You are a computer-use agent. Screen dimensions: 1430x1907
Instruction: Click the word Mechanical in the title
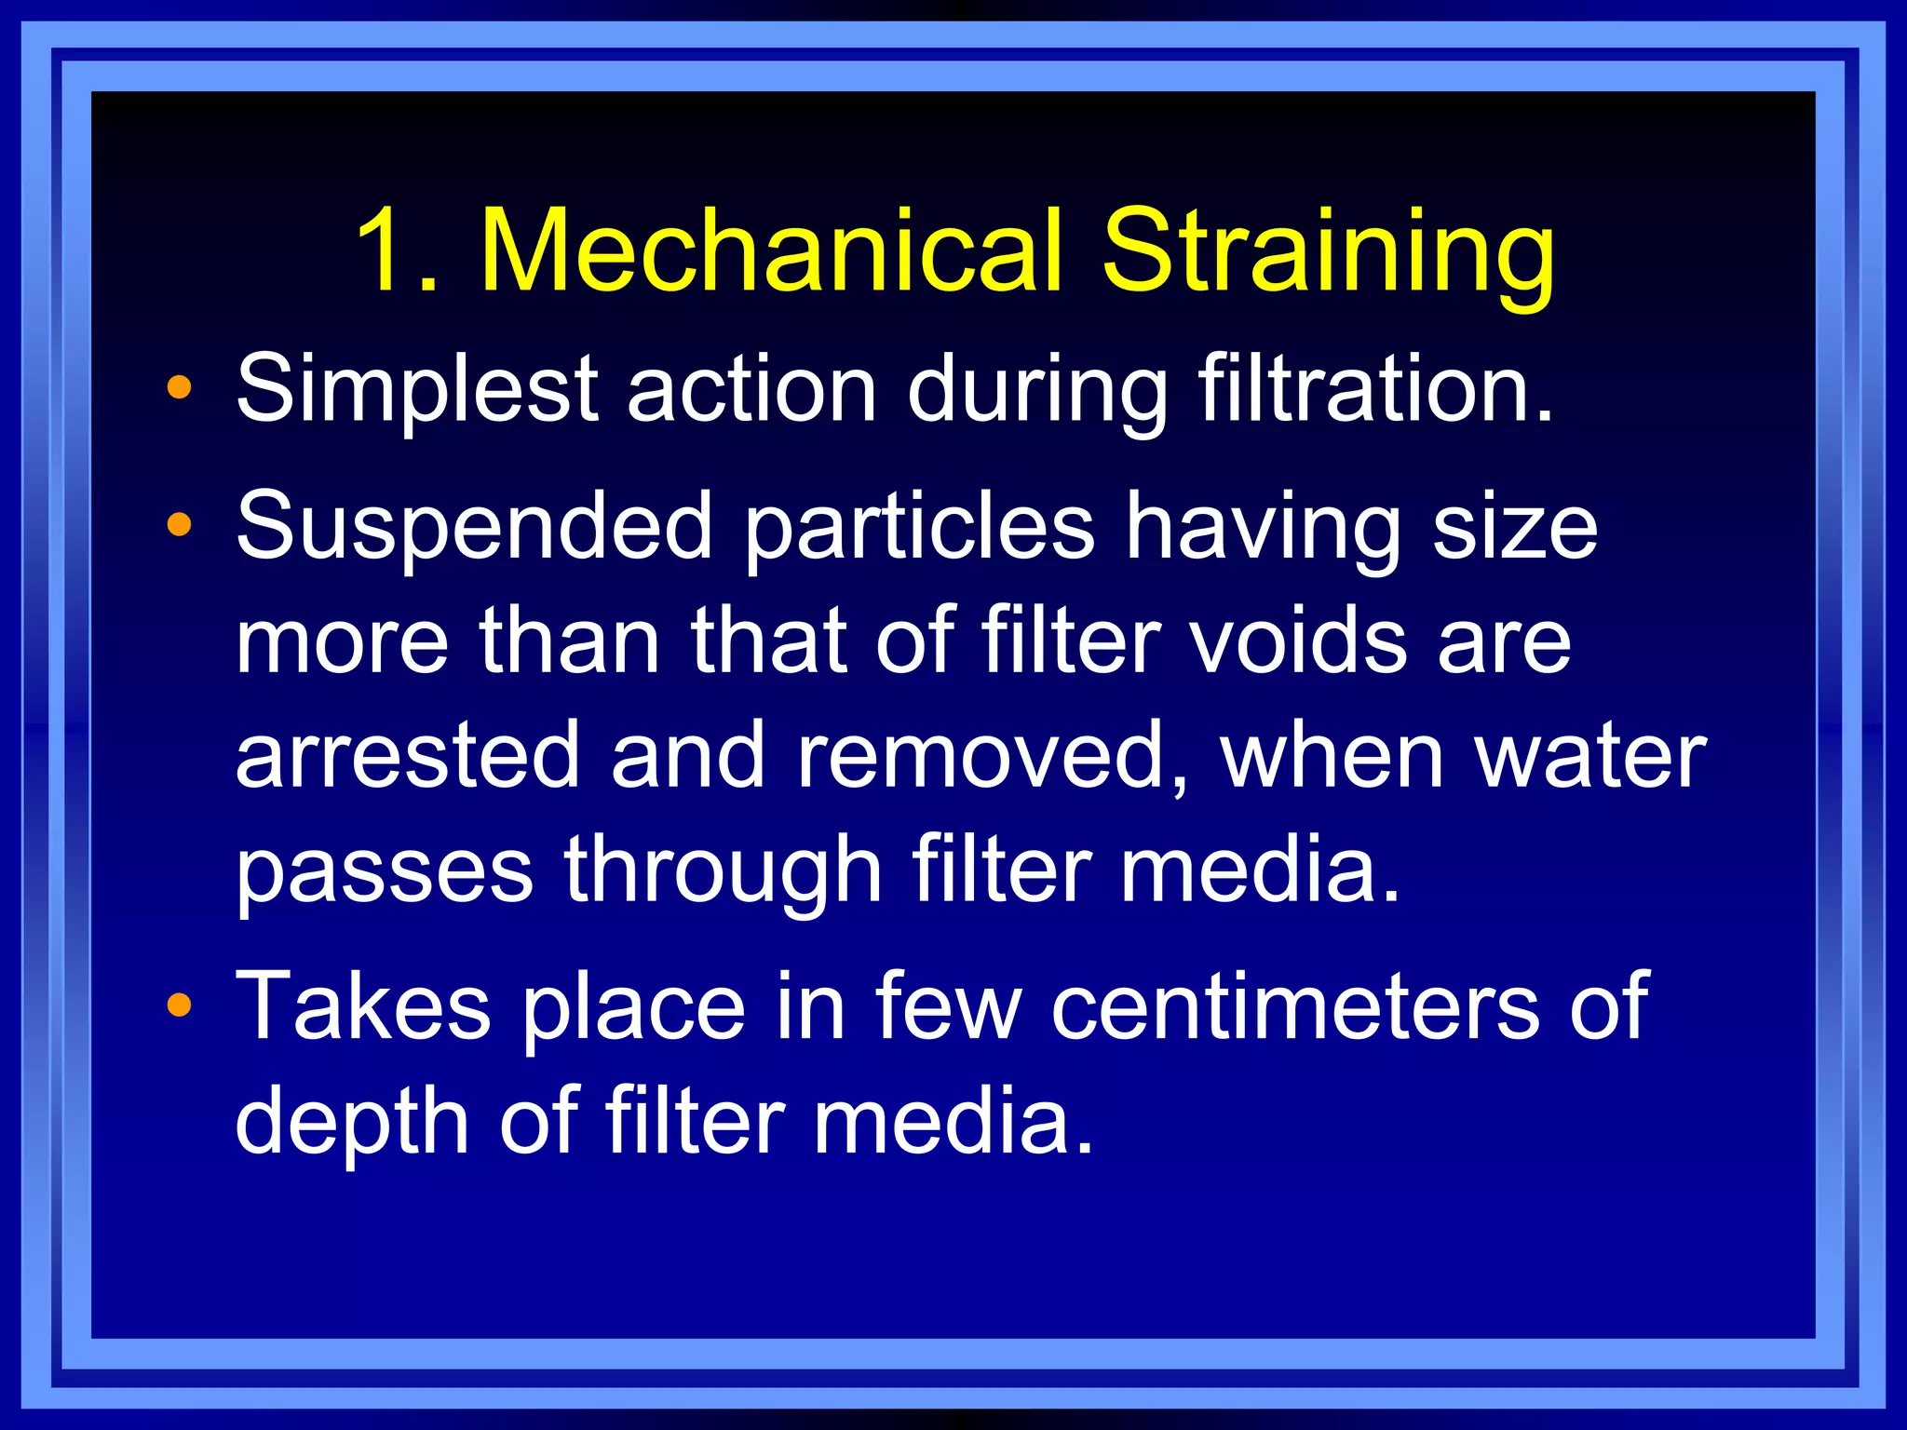pyautogui.click(x=771, y=251)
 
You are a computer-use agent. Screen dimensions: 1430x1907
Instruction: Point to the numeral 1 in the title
pyautogui.click(x=386, y=251)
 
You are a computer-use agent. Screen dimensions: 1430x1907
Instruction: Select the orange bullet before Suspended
pyautogui.click(x=179, y=526)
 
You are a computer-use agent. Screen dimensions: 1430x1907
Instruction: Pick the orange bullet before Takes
pyautogui.click(x=179, y=1005)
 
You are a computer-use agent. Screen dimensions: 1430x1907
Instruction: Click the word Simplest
pyautogui.click(x=417, y=389)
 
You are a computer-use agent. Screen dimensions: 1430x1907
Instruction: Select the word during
pyautogui.click(x=1037, y=389)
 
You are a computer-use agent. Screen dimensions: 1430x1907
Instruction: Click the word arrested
pyautogui.click(x=408, y=755)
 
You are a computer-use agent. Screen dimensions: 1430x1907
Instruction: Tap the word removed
pyautogui.click(x=993, y=757)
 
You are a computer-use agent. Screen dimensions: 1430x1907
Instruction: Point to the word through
pyautogui.click(x=723, y=871)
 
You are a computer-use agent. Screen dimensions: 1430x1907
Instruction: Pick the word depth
pyautogui.click(x=352, y=1123)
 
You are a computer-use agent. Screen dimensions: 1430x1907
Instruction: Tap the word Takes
pyautogui.click(x=363, y=1005)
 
